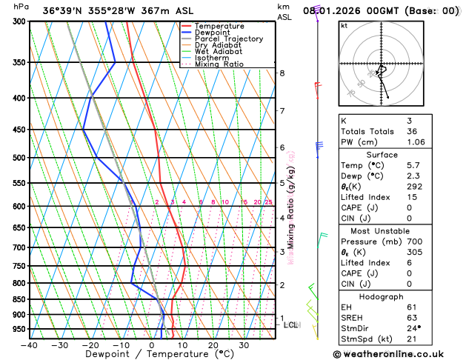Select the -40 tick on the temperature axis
[x=30, y=344]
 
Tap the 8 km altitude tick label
[x=282, y=73]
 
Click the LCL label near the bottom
[x=291, y=324]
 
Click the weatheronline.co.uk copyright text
[x=398, y=354]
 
